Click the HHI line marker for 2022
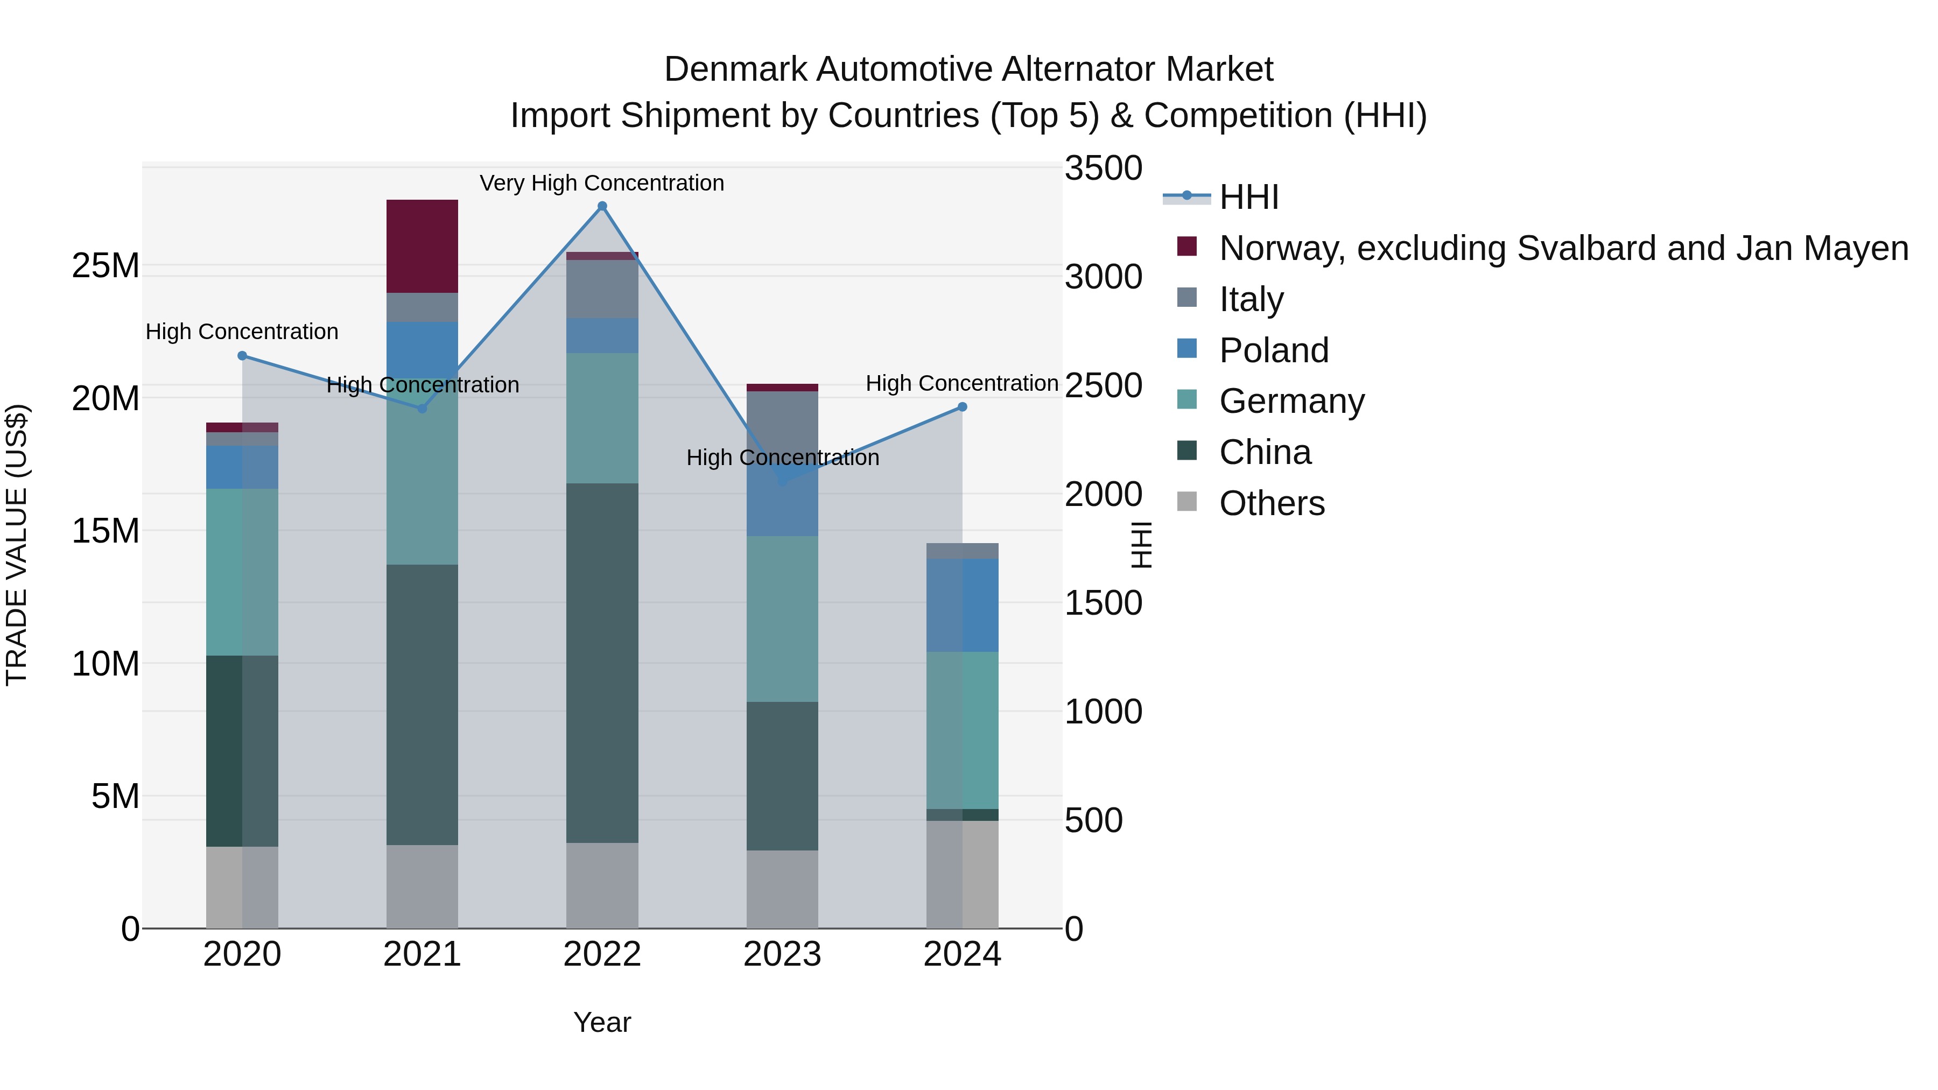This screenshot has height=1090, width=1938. [x=602, y=206]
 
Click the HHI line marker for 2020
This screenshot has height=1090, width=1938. [x=242, y=356]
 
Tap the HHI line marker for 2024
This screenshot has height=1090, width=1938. [x=962, y=407]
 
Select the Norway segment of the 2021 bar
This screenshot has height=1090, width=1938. [x=422, y=246]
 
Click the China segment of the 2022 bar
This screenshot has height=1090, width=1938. [x=602, y=662]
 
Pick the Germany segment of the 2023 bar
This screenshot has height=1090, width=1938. [x=782, y=618]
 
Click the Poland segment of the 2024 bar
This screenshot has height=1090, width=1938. [x=962, y=605]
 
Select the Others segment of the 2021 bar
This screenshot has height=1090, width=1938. [x=422, y=886]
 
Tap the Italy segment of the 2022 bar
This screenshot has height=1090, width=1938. [x=602, y=289]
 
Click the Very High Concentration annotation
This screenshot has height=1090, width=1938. [x=602, y=183]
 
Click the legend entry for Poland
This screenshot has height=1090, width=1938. [x=1274, y=350]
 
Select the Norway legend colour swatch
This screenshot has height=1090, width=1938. [x=1186, y=247]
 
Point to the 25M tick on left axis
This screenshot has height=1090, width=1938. [x=106, y=265]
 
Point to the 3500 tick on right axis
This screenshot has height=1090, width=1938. [x=1103, y=168]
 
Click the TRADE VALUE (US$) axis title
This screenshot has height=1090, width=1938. [x=17, y=545]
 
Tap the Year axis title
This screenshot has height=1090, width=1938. [x=602, y=1022]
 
